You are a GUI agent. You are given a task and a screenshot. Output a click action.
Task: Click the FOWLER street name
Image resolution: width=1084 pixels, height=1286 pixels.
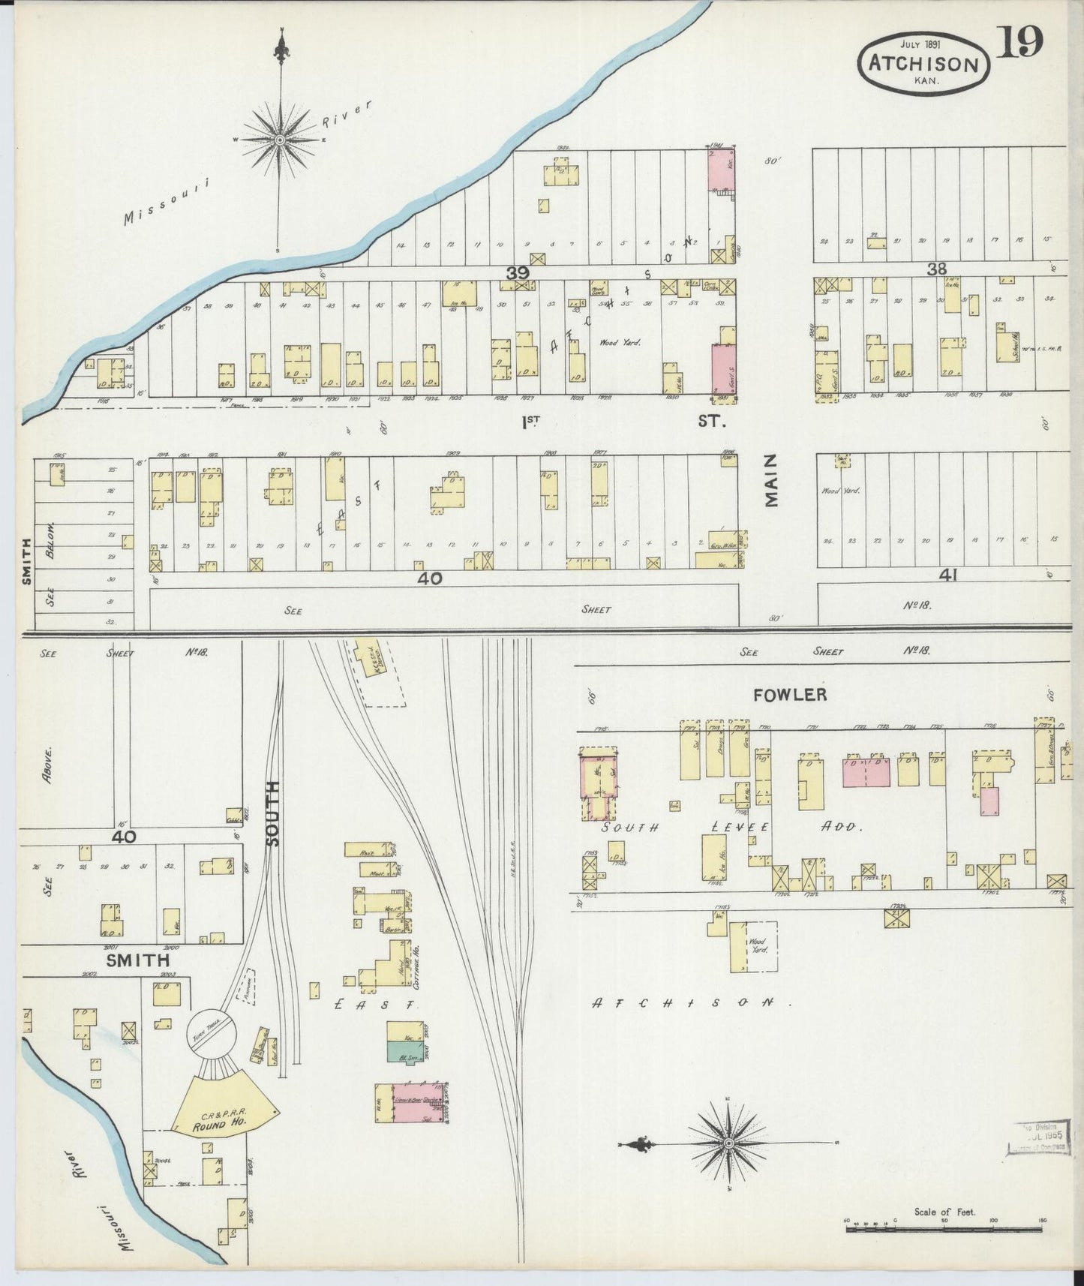coord(789,695)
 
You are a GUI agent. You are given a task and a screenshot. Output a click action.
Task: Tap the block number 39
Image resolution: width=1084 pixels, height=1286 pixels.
coord(517,274)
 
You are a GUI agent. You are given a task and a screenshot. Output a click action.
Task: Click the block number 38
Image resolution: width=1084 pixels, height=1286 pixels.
coord(936,269)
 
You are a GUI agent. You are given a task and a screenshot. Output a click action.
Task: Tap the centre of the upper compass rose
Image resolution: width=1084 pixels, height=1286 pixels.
coord(280,140)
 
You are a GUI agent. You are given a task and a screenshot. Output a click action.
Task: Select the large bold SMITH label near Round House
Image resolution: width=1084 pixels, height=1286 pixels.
coord(137,960)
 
